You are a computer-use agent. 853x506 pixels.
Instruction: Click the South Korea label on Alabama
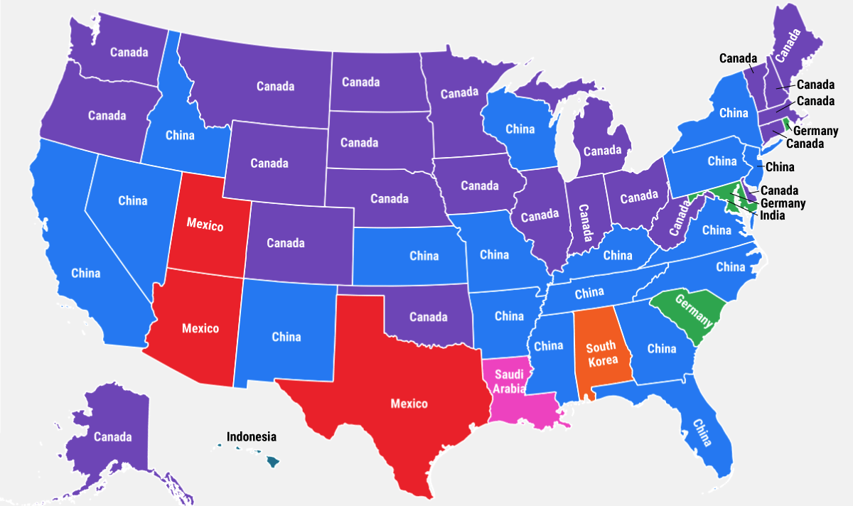coord(601,354)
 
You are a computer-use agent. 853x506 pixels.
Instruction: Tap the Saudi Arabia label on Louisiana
coord(510,381)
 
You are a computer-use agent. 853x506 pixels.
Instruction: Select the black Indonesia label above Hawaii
coord(251,437)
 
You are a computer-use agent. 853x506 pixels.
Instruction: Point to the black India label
coord(773,215)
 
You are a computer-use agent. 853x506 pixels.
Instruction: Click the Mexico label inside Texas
coord(409,404)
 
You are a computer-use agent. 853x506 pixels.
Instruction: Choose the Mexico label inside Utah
coord(205,225)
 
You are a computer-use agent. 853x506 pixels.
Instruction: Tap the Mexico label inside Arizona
coord(200,328)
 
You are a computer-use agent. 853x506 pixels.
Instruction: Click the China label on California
coord(86,273)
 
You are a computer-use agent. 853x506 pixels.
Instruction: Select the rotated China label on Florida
coord(701,432)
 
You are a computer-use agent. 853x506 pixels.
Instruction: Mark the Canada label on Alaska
coord(112,436)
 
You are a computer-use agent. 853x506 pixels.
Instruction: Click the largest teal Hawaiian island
coord(272,462)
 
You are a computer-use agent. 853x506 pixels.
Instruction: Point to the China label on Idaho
coord(180,135)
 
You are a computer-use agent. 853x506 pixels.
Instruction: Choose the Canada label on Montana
coord(275,87)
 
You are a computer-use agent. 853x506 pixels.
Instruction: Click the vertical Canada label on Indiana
coord(584,224)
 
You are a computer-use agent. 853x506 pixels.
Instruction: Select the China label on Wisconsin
coord(520,129)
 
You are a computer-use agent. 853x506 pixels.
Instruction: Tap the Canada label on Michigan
coord(603,151)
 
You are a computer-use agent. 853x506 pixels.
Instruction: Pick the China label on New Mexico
coord(286,337)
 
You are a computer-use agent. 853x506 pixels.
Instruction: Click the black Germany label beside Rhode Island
coord(815,131)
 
